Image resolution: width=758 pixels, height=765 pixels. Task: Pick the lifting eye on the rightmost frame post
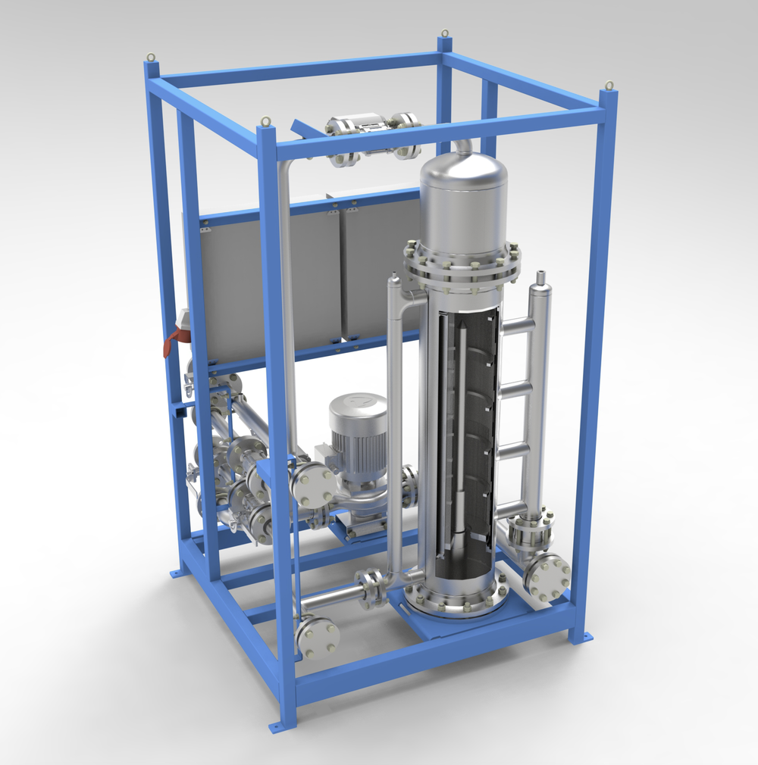(x=608, y=86)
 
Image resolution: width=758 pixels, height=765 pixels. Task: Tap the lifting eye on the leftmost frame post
(x=152, y=57)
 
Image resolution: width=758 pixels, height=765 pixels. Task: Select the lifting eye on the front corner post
(x=266, y=120)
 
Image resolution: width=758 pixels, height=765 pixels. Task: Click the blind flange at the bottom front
(x=318, y=636)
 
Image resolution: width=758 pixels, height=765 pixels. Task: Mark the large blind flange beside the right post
(x=547, y=577)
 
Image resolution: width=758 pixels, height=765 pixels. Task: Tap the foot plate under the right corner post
(x=582, y=638)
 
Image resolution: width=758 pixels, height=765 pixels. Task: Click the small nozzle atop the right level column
(x=541, y=278)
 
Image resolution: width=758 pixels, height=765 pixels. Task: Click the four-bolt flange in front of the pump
(x=310, y=486)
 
